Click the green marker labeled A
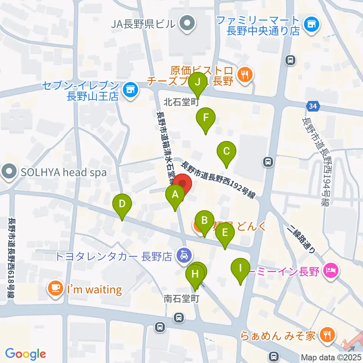pyautogui.click(x=175, y=195)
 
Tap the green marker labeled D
pyautogui.click(x=122, y=205)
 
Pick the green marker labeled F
pyautogui.click(x=206, y=118)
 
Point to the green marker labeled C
pyautogui.click(x=226, y=152)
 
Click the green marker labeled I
pyautogui.click(x=240, y=269)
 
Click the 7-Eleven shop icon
pyautogui.click(x=130, y=89)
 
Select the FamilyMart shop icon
pyautogui.click(x=312, y=25)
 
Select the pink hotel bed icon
pyautogui.click(x=330, y=271)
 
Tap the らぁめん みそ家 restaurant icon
pyautogui.click(x=325, y=334)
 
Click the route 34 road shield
pyautogui.click(x=312, y=107)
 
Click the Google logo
pyautogui.click(x=25, y=354)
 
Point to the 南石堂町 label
pyautogui.click(x=181, y=299)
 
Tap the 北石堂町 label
pyautogui.click(x=181, y=102)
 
